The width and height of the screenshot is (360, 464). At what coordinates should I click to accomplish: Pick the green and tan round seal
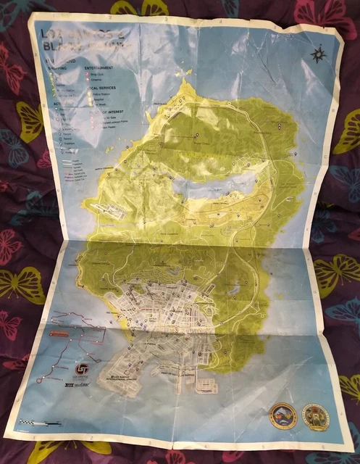coord(315,417)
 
